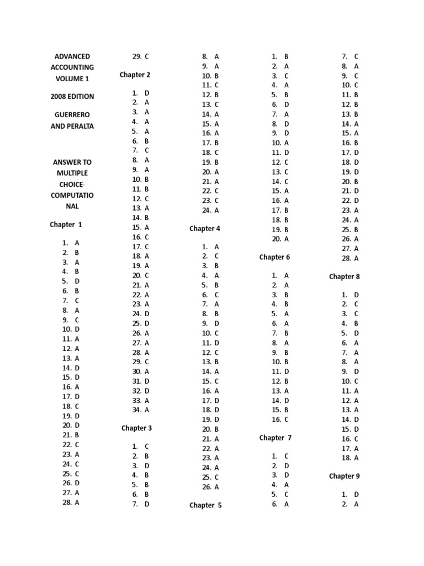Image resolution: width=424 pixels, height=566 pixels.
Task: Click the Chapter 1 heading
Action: click(66, 224)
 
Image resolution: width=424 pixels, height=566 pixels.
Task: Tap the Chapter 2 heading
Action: click(135, 75)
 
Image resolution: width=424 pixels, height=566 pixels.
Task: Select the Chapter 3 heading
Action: click(136, 428)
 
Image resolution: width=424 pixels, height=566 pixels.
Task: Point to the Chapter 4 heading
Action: click(205, 228)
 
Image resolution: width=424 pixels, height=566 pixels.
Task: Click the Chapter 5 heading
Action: click(205, 505)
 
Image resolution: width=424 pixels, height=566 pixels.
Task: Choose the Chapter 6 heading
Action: click(274, 257)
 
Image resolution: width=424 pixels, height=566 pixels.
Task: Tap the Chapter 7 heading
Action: click(275, 438)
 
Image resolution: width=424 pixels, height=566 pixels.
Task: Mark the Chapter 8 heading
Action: click(344, 276)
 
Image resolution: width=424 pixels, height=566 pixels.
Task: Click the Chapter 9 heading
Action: click(344, 476)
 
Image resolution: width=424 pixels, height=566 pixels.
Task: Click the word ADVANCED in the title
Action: click(72, 56)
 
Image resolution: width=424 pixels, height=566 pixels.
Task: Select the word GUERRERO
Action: click(72, 114)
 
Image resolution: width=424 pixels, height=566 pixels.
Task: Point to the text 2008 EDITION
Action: click(72, 96)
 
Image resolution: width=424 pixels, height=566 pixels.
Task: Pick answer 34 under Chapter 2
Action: click(141, 410)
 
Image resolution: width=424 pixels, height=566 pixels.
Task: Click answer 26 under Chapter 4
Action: click(211, 487)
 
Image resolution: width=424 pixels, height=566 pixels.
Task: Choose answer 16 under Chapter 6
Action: click(280, 420)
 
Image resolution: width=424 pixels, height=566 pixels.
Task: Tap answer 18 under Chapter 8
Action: click(350, 458)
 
